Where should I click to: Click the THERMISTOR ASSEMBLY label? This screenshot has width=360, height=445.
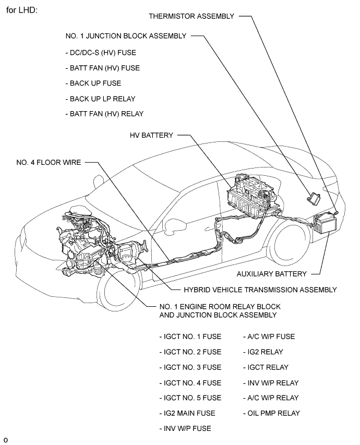click(x=191, y=16)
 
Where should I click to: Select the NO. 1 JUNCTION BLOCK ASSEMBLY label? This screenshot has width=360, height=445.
click(x=126, y=36)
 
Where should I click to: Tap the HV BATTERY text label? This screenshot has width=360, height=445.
click(x=151, y=135)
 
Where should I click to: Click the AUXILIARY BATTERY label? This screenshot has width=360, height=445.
click(x=271, y=273)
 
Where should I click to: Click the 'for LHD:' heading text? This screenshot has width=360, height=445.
click(x=22, y=10)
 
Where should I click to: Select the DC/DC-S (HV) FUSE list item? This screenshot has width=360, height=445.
click(x=100, y=53)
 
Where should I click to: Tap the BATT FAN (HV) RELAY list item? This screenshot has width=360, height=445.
click(x=104, y=114)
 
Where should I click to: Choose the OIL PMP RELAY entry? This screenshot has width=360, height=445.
click(x=271, y=413)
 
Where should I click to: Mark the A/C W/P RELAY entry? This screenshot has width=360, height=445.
click(x=270, y=398)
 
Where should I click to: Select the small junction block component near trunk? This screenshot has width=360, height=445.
click(x=315, y=196)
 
